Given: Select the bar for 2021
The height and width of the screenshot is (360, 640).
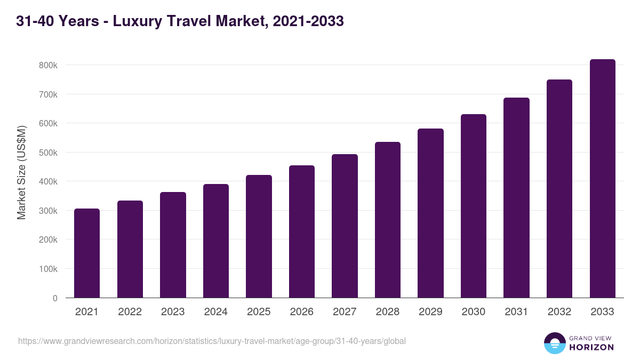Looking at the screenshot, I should [x=87, y=253].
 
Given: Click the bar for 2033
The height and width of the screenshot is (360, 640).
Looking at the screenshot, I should [x=602, y=179].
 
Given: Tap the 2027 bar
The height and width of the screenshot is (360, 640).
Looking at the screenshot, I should [x=345, y=226].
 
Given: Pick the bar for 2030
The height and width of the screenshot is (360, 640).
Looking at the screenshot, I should [x=474, y=206].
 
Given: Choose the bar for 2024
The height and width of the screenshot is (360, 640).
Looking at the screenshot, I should [x=216, y=241].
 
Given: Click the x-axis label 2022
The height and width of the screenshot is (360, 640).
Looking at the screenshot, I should [x=130, y=312].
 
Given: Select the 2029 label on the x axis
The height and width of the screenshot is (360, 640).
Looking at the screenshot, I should [x=430, y=312].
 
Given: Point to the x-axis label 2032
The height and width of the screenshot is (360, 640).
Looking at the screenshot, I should [x=559, y=312].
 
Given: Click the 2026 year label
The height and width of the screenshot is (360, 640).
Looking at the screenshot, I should [x=302, y=312].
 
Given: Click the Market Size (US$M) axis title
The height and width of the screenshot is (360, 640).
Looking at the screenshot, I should [x=21, y=172].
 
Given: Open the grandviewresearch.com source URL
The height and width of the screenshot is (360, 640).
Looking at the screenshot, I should [x=212, y=341].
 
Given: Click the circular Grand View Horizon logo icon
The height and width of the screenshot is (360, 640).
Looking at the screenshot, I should [x=555, y=343].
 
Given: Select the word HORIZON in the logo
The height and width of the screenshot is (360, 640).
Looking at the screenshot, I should [x=592, y=347].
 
